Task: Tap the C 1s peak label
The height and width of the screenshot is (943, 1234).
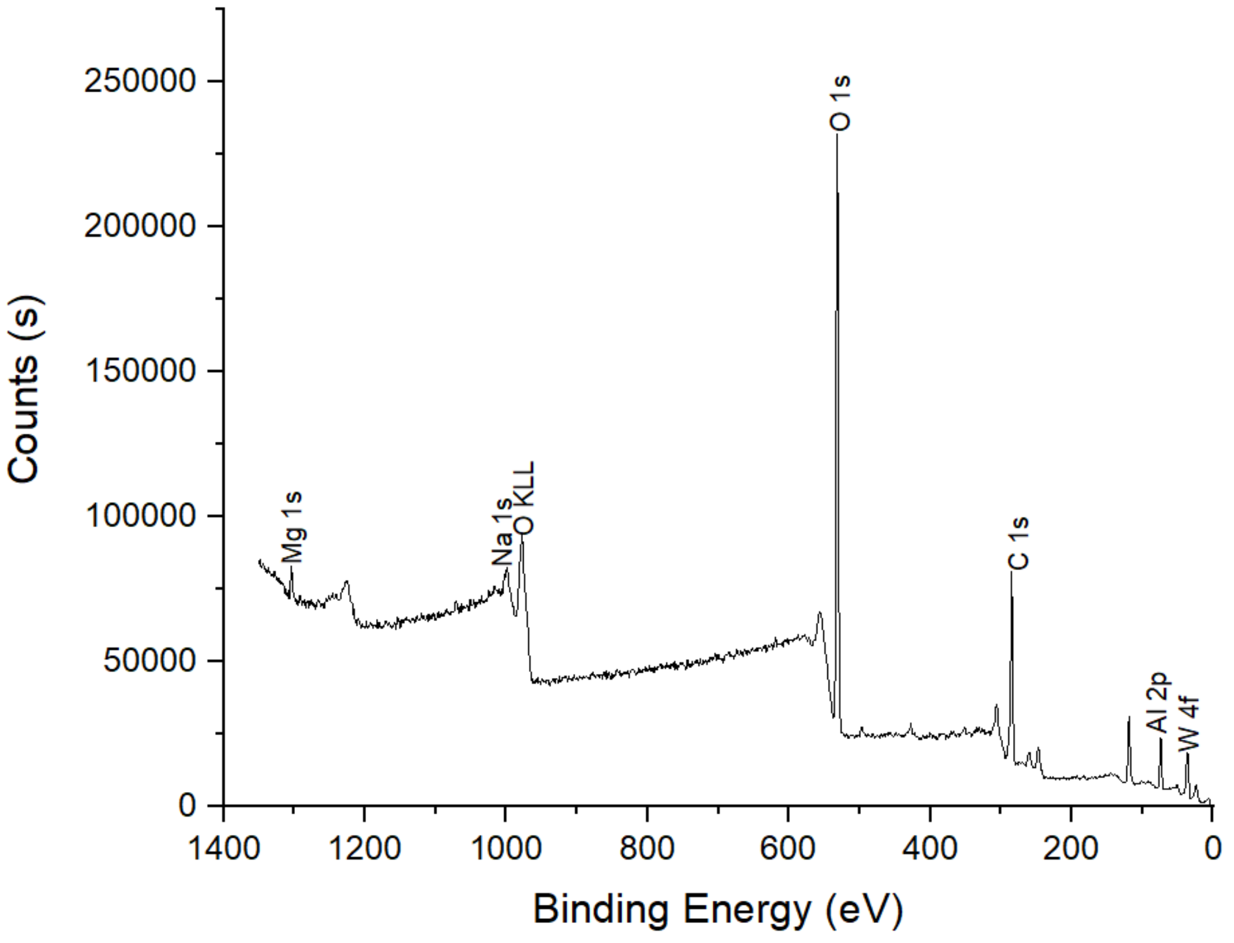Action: [1018, 543]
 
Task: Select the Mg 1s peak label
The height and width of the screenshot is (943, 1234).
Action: [292, 528]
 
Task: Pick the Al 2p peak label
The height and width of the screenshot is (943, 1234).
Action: [1159, 703]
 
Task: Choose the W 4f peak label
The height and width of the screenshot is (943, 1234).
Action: [1188, 723]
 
